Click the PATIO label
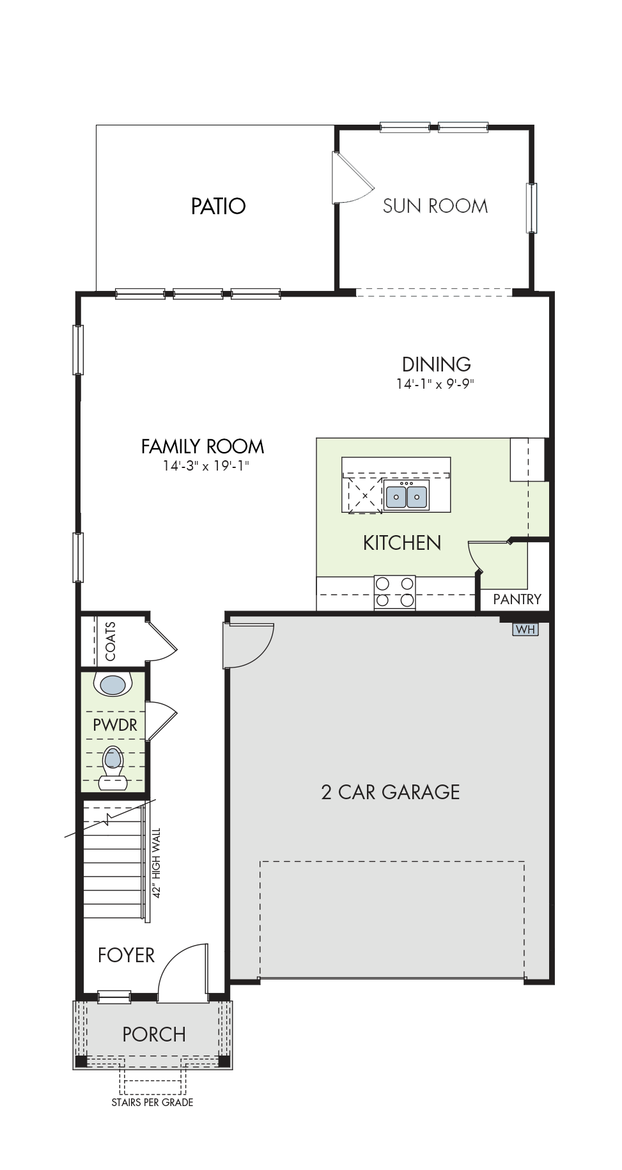pyautogui.click(x=218, y=206)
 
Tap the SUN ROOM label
pyautogui.click(x=435, y=206)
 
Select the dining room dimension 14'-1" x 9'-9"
pyautogui.click(x=435, y=384)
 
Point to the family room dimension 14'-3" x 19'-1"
pyautogui.click(x=205, y=465)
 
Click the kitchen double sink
pyautogui.click(x=407, y=495)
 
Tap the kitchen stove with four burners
pyautogui.click(x=394, y=592)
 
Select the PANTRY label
pyautogui.click(x=517, y=599)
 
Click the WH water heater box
pyautogui.click(x=525, y=630)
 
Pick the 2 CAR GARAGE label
pyautogui.click(x=391, y=792)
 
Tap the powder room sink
pyautogui.click(x=113, y=685)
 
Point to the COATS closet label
pyautogui.click(x=111, y=641)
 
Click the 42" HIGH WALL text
pyautogui.click(x=157, y=863)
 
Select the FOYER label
pyautogui.click(x=126, y=955)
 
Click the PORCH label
pyautogui.click(x=154, y=1034)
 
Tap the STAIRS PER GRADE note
pyautogui.click(x=152, y=1102)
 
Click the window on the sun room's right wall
pyautogui.click(x=531, y=208)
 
